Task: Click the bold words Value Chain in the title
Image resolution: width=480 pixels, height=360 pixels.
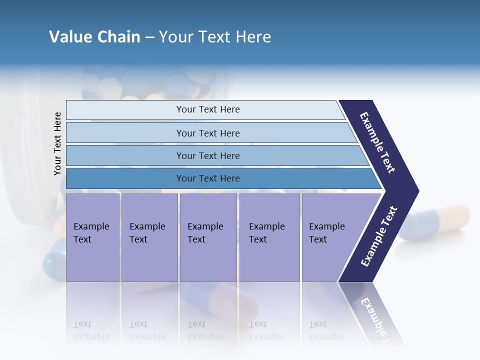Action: [x=94, y=37]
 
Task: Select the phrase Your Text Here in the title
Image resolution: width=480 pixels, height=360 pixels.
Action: [x=215, y=37]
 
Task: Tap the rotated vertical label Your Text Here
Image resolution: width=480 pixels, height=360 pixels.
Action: [x=58, y=143]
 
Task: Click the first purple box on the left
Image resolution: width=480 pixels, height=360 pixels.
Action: [x=92, y=237]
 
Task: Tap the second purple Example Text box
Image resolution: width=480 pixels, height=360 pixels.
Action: [x=149, y=237]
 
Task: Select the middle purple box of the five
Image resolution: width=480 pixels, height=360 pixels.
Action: [x=208, y=237]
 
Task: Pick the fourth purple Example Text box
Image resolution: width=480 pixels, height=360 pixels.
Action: [x=269, y=237]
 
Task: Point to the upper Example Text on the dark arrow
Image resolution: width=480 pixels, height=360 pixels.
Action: [x=377, y=142]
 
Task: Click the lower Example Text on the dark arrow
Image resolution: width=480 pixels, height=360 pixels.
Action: [x=379, y=236]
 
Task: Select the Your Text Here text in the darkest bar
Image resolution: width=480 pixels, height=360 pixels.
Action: [x=208, y=178]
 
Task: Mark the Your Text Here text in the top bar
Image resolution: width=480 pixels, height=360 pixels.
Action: [x=208, y=109]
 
